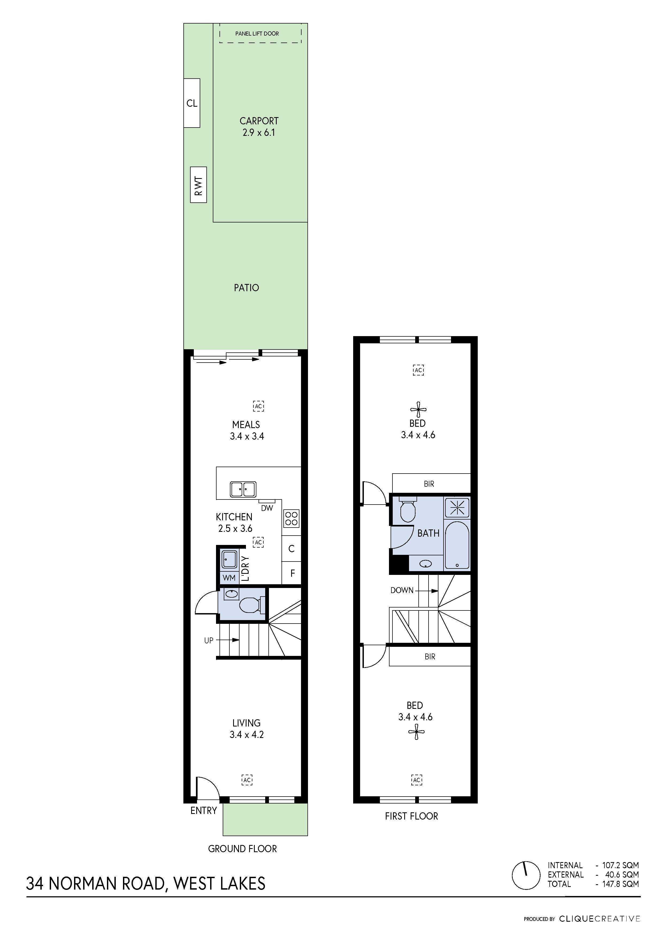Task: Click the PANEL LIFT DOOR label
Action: pos(257,33)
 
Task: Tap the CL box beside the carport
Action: pos(192,103)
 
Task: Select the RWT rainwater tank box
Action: pos(199,185)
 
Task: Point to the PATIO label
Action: pos(246,288)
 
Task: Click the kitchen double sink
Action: pos(243,489)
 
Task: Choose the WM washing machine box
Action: pos(229,578)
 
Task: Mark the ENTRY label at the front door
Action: pos(203,810)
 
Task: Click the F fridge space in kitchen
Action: pos(292,574)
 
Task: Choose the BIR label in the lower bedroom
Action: pos(430,656)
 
